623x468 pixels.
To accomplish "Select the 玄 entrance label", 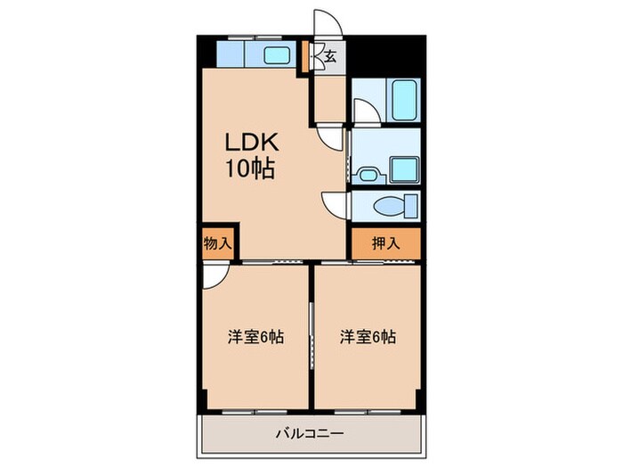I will pyautogui.click(x=329, y=57).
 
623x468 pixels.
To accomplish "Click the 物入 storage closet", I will pyautogui.click(x=217, y=242).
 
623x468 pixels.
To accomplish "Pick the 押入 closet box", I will pyautogui.click(x=384, y=242).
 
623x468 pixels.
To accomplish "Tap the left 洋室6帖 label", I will pyautogui.click(x=255, y=338).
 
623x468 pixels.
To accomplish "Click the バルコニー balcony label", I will pyautogui.click(x=309, y=434).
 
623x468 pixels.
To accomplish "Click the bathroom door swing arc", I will pyautogui.click(x=362, y=111).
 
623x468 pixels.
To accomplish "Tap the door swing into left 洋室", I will pyautogui.click(x=213, y=275).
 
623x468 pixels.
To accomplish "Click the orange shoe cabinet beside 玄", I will pyautogui.click(x=306, y=55).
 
